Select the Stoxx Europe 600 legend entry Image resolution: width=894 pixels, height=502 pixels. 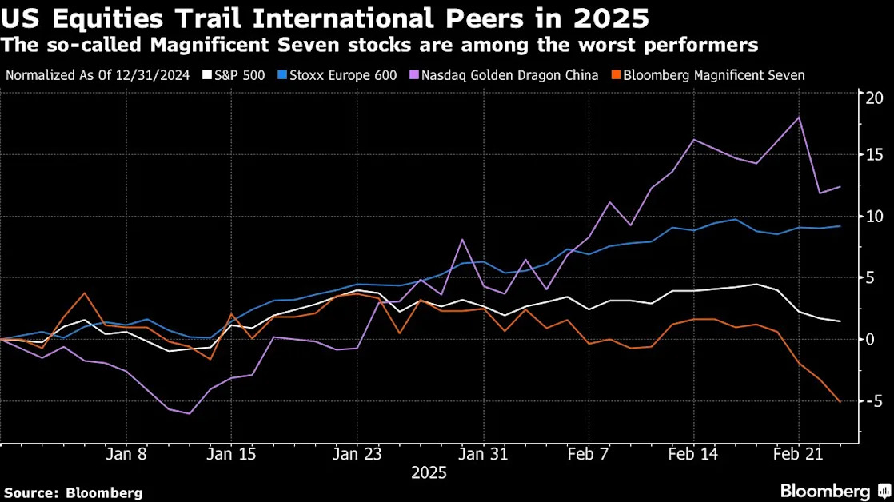[x=338, y=76]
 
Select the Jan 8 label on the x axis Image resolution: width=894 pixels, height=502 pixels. [x=126, y=454]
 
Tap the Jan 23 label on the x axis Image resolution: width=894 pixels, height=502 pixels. [x=357, y=454]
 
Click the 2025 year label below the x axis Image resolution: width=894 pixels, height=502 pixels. [x=429, y=473]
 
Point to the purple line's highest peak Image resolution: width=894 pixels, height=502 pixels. [x=799, y=118]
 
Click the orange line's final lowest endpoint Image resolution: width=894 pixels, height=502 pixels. [x=840, y=402]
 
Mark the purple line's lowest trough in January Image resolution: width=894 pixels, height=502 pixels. [x=189, y=413]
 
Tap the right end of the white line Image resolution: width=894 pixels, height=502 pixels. [x=840, y=321]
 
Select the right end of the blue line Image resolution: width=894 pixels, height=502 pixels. [x=840, y=226]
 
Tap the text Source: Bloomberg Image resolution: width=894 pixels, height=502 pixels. [x=74, y=493]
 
